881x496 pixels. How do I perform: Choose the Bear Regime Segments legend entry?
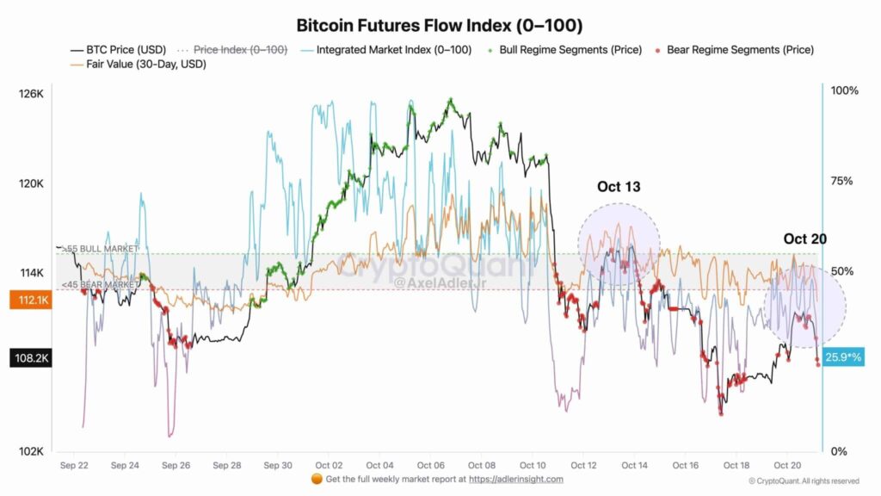[x=740, y=50]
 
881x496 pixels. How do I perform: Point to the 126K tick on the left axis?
[x=32, y=93]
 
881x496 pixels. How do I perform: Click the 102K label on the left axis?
[x=32, y=451]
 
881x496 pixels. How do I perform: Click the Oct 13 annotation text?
[x=619, y=187]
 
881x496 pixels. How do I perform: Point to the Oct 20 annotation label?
[x=804, y=239]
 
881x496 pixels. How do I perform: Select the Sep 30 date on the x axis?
[x=278, y=465]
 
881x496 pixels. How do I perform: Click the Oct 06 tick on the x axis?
[x=430, y=465]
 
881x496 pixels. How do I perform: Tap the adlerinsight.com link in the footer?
[x=516, y=479]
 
